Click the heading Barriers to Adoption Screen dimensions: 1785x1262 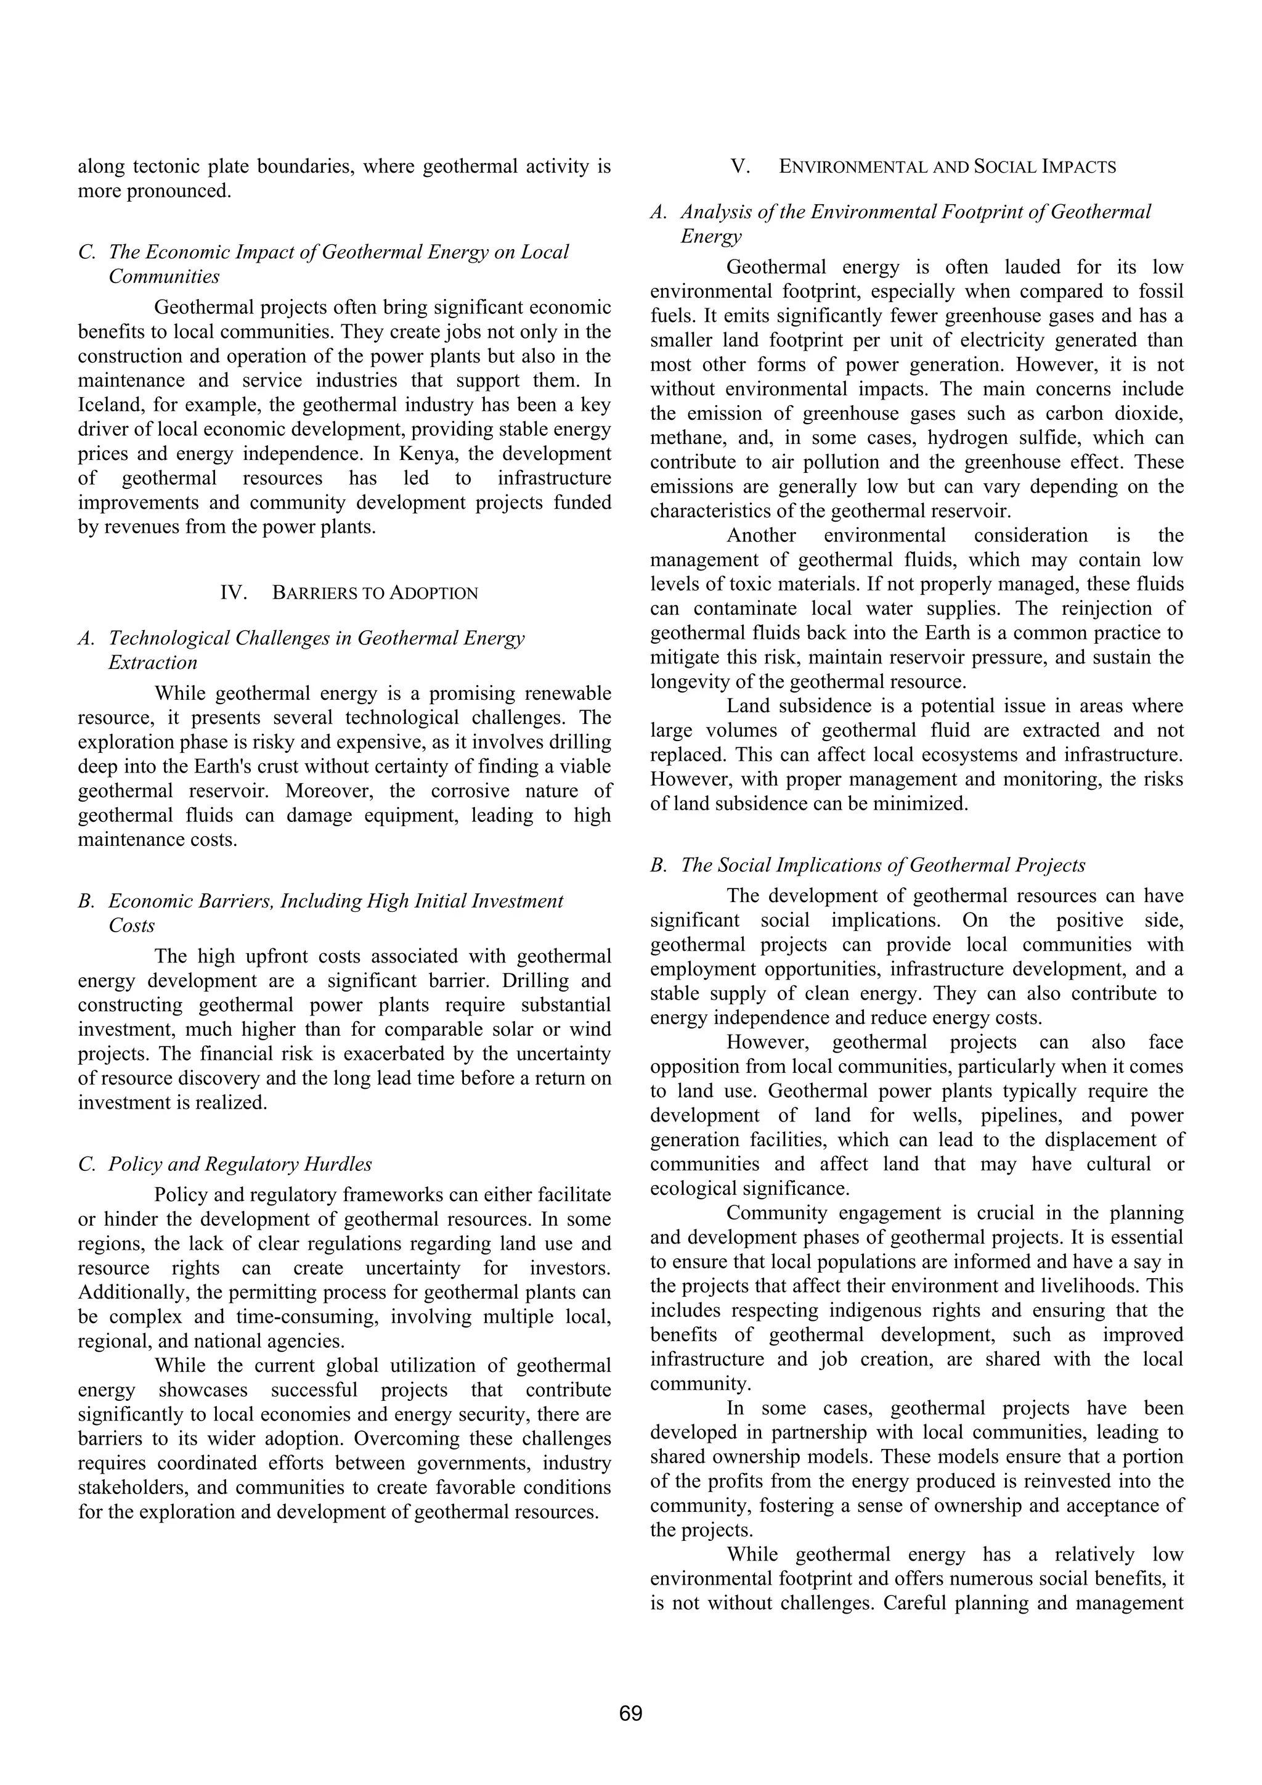click(375, 593)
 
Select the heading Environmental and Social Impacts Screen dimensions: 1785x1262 click(946, 166)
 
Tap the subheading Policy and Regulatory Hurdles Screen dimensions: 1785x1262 click(239, 1164)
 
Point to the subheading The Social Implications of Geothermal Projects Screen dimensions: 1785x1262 click(882, 864)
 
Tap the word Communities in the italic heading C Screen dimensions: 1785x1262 click(164, 276)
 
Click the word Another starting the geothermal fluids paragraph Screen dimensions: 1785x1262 click(761, 536)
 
